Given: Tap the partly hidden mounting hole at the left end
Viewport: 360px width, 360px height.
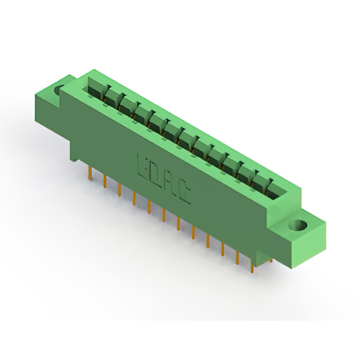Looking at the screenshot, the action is click(58, 90).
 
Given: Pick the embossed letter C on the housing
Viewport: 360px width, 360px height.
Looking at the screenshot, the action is click(185, 194).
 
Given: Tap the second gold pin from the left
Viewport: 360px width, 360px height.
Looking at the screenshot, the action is click(105, 181).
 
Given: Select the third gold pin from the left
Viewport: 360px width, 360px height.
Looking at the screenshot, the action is click(120, 190).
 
